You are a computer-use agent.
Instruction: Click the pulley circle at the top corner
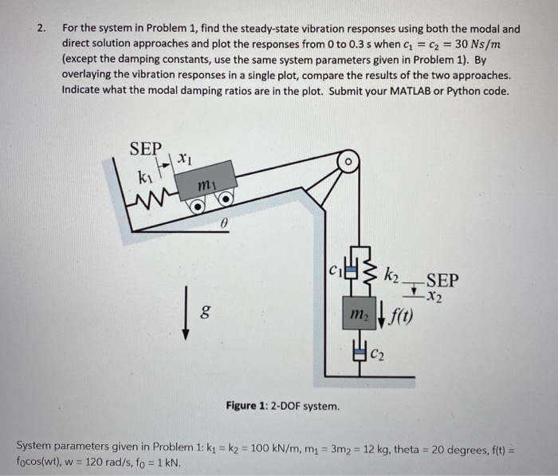tap(348, 162)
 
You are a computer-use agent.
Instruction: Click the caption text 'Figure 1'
tap(247, 406)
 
